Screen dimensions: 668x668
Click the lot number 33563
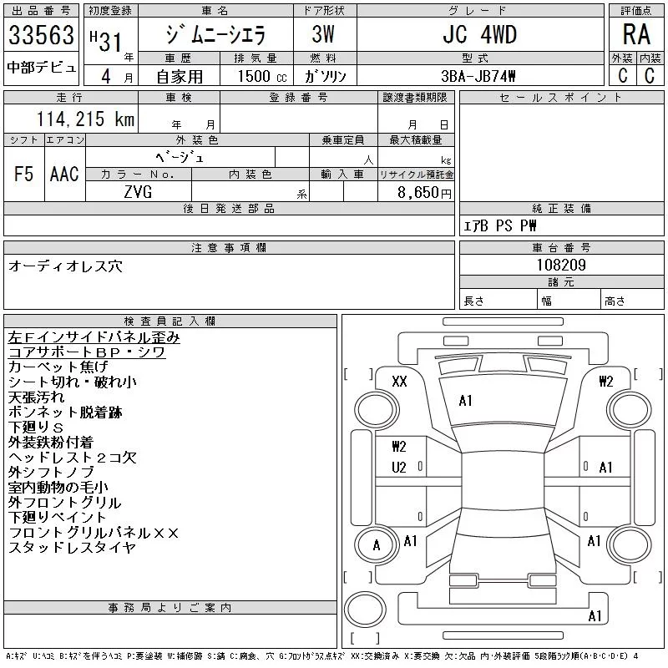pos(41,34)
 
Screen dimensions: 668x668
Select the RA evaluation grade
pos(636,34)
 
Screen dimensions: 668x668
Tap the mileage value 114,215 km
pos(85,119)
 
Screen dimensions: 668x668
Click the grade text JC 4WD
pos(479,34)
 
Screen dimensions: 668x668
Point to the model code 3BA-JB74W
pos(478,76)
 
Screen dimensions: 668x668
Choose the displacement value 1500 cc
pos(262,76)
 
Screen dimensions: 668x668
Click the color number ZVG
pos(138,192)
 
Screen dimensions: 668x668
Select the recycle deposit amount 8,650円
pos(424,193)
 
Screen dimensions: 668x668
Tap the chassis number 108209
pos(561,265)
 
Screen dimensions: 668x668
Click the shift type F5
pos(23,174)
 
